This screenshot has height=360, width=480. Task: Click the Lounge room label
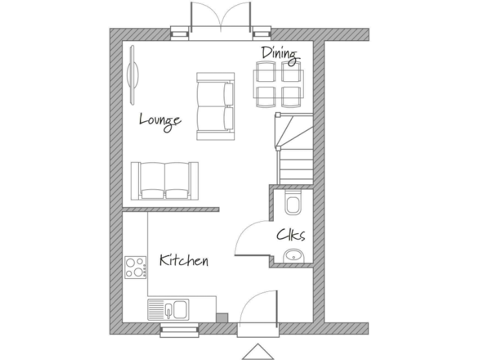pos(160,119)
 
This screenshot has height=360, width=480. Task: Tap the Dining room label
pos(279,54)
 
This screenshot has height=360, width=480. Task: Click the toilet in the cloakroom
pos(292,202)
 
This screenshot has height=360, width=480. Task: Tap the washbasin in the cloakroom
pos(293,255)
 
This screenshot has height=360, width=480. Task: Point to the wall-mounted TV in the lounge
pos(133,74)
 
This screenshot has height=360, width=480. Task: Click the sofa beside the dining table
pos(215,106)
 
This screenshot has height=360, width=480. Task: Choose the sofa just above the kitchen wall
pos(164,180)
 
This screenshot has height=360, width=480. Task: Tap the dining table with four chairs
pos(277,84)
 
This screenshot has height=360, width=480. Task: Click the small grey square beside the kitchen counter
pos(222,317)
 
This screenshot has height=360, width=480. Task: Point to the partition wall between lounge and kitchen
pos(171,209)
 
